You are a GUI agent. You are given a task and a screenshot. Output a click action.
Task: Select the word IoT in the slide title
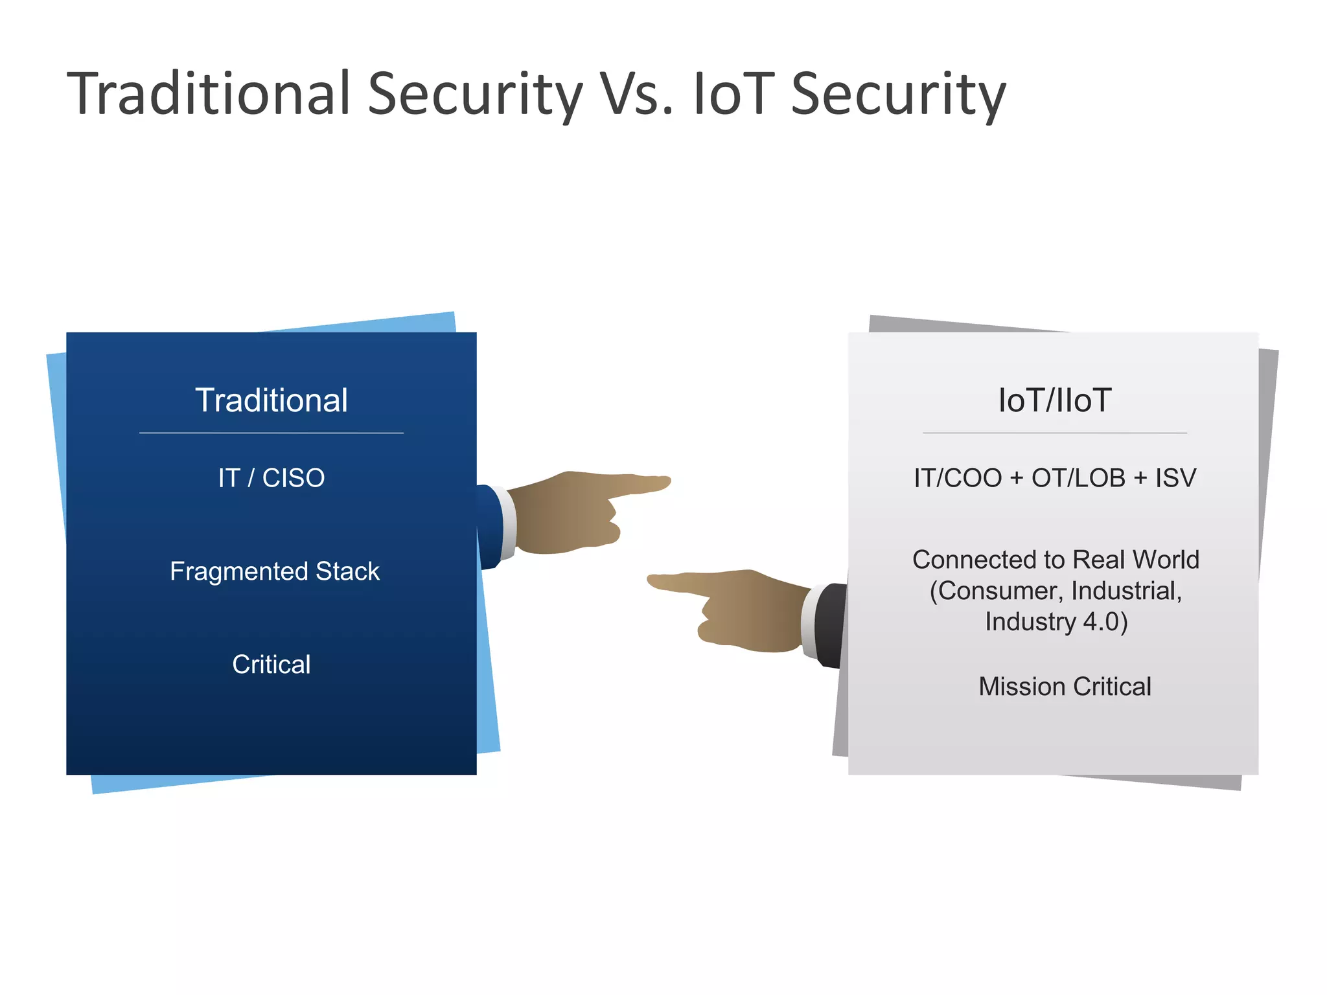click(x=733, y=95)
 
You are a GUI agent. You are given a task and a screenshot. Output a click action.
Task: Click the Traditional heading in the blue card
click(x=271, y=400)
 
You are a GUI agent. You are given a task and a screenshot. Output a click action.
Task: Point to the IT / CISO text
click(x=271, y=478)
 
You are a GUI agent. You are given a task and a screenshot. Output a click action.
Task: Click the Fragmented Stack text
click(x=275, y=571)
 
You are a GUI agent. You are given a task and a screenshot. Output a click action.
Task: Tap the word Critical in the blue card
click(x=271, y=665)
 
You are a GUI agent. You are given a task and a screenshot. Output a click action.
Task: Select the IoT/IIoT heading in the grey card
click(x=1055, y=400)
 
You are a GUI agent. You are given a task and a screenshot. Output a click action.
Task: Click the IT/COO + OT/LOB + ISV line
click(x=1055, y=478)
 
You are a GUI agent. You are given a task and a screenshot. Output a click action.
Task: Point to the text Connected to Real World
click(x=1056, y=560)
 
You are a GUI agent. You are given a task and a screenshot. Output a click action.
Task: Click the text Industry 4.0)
click(x=1056, y=622)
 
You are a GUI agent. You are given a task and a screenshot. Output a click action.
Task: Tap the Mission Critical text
click(x=1065, y=687)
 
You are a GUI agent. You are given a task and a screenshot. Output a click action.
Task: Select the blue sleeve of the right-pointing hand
click(x=489, y=525)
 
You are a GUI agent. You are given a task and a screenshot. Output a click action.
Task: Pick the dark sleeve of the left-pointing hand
click(x=832, y=625)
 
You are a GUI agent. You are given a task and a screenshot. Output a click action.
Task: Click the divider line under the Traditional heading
click(x=271, y=433)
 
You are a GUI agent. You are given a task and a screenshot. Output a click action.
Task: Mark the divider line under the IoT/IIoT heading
click(x=1055, y=433)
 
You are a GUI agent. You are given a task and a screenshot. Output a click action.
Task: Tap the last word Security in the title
click(x=898, y=95)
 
